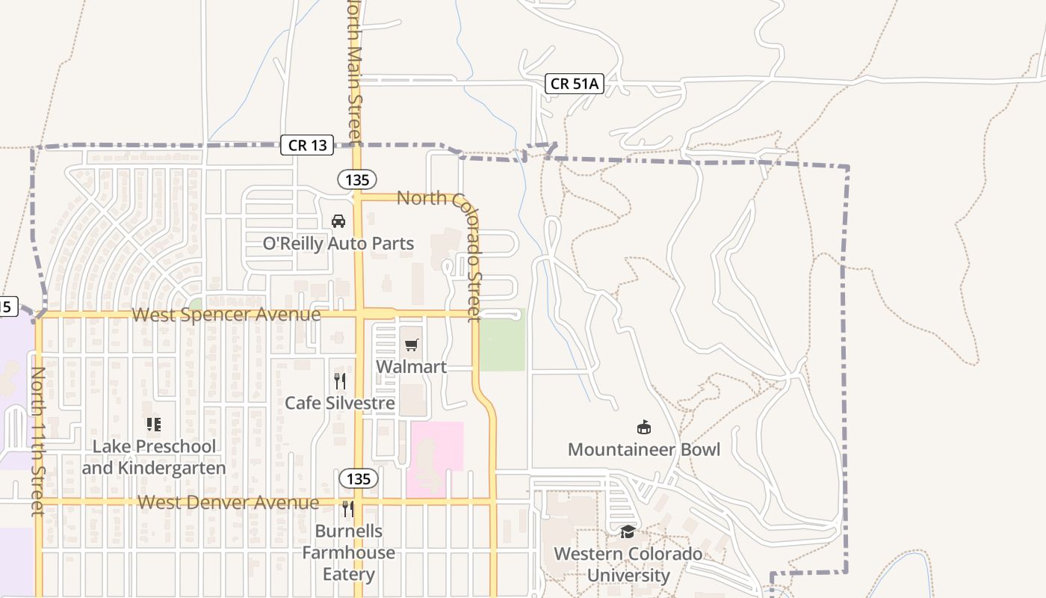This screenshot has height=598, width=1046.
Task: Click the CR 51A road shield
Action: (x=574, y=84)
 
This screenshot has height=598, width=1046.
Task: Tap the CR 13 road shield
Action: (x=307, y=145)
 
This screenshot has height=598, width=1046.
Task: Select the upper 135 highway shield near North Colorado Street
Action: (x=357, y=179)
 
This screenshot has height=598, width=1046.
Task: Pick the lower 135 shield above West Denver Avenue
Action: (x=359, y=478)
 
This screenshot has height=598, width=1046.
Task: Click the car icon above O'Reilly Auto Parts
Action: (x=338, y=221)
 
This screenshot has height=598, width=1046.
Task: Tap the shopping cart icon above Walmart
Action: (x=411, y=345)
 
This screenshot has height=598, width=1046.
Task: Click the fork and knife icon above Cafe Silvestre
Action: (x=340, y=381)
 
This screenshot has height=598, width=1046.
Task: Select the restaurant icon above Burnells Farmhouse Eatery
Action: (x=348, y=509)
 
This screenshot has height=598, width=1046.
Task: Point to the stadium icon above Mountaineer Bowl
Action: (x=643, y=428)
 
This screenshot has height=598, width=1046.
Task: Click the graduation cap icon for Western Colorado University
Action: (x=628, y=531)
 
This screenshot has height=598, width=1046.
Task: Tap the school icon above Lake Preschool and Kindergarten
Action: (x=154, y=425)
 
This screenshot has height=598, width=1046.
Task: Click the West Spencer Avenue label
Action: (x=226, y=315)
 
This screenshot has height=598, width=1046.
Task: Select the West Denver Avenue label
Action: (x=229, y=502)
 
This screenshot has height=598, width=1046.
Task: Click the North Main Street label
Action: (x=355, y=71)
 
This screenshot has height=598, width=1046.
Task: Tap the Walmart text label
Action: (x=411, y=367)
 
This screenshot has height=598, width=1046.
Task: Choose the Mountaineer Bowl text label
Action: (x=643, y=449)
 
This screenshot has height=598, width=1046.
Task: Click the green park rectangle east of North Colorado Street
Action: (x=502, y=341)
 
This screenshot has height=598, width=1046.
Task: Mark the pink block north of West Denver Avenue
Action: (x=436, y=457)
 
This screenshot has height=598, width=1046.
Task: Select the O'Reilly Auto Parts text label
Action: (x=338, y=244)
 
